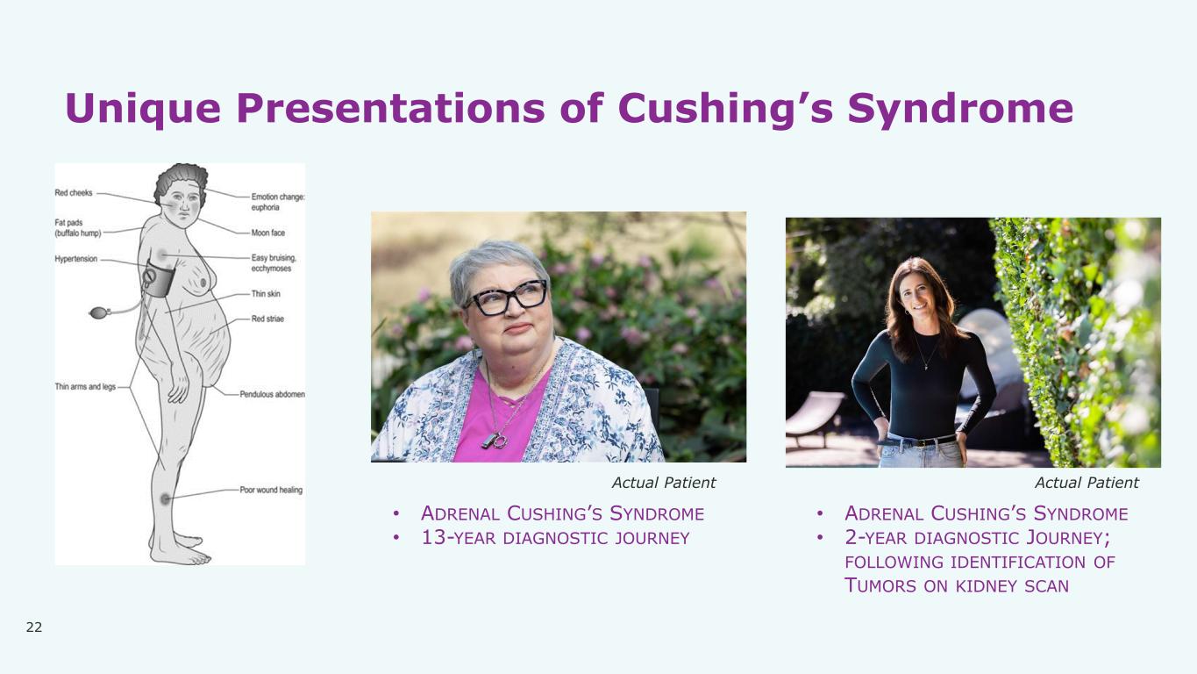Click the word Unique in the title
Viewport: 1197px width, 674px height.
click(x=143, y=109)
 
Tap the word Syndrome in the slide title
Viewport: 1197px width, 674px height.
click(x=960, y=109)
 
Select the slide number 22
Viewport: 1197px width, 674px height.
click(x=33, y=627)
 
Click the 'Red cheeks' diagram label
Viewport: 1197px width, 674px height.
click(x=73, y=192)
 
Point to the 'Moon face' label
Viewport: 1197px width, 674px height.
click(x=267, y=233)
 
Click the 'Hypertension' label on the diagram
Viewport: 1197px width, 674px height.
click(x=76, y=259)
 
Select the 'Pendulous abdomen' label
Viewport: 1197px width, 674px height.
click(x=272, y=394)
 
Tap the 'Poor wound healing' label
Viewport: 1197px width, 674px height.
click(x=271, y=490)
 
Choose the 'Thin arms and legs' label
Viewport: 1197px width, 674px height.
click(x=85, y=386)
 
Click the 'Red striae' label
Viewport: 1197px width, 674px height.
click(x=267, y=319)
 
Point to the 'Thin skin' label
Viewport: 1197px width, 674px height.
click(x=266, y=294)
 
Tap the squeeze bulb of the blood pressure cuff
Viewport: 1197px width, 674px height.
click(x=99, y=312)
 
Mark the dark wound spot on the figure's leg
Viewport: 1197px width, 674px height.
click(x=166, y=499)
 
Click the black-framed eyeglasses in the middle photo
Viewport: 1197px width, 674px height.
click(x=508, y=298)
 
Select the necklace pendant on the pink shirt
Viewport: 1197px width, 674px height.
click(x=495, y=441)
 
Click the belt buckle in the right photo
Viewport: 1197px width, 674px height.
click(x=920, y=442)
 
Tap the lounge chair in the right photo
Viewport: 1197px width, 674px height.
click(x=814, y=416)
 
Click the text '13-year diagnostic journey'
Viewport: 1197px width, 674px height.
click(x=555, y=538)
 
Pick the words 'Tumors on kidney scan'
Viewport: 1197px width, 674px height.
click(x=957, y=585)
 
